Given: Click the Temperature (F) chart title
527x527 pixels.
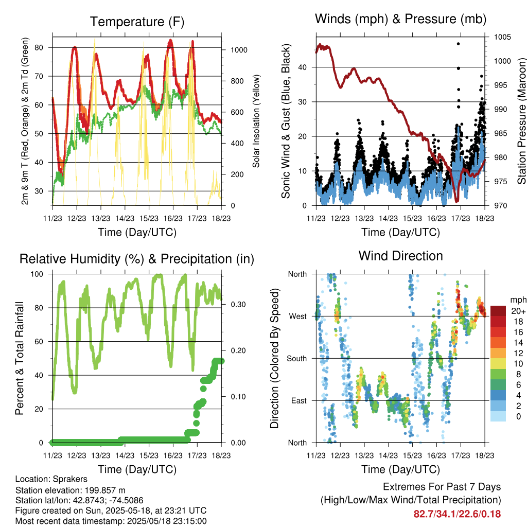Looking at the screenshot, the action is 137,22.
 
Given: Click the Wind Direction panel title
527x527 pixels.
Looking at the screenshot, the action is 400,256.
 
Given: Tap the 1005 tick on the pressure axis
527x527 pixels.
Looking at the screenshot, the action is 502,37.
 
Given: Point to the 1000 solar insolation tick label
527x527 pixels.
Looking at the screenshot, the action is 239,50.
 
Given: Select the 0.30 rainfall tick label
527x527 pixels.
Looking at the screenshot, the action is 238,305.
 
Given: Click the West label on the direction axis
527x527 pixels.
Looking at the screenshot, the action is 298,317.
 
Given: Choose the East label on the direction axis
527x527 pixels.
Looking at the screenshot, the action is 299,400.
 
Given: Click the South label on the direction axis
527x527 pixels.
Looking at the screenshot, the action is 297,359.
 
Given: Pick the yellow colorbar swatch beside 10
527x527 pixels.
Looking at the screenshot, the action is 498,364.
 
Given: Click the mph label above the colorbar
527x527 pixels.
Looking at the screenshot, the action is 518,300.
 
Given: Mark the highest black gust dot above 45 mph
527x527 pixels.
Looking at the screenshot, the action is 458,44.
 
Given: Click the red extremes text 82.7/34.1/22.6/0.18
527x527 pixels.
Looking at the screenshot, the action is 457,514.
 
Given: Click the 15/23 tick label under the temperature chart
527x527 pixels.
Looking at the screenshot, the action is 149,218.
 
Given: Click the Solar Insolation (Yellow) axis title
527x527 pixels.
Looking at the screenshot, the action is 256,121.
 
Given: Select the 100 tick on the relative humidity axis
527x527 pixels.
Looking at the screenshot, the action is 37,274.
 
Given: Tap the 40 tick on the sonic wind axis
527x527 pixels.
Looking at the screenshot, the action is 303,67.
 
